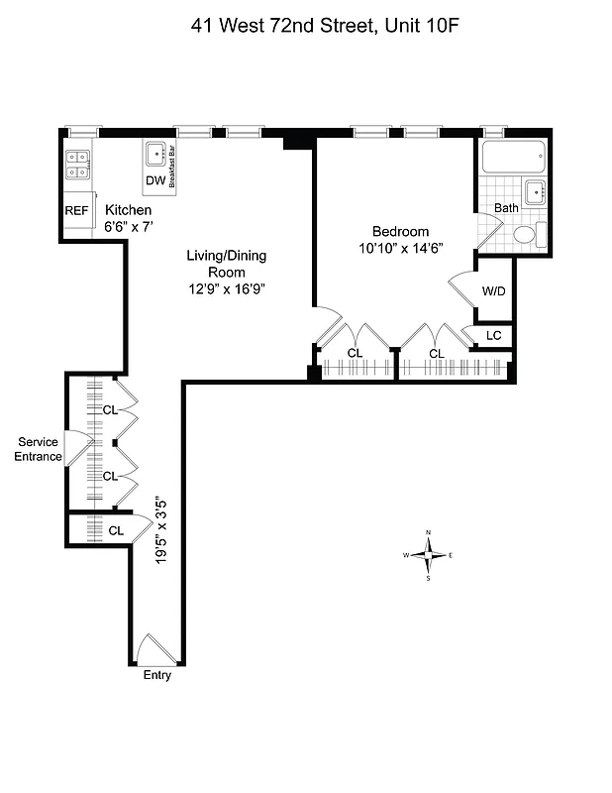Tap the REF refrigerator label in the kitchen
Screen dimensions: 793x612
point(76,211)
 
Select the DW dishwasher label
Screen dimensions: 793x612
point(155,180)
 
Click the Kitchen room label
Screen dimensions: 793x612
point(129,211)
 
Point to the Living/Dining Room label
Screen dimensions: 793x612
point(226,264)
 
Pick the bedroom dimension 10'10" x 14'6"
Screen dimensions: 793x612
point(400,251)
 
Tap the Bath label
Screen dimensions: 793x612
point(506,209)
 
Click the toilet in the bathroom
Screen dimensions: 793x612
point(526,235)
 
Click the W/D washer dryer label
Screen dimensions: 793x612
point(494,291)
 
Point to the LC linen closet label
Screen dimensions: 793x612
point(494,336)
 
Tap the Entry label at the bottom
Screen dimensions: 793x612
point(157,676)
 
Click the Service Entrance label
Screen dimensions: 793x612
point(38,449)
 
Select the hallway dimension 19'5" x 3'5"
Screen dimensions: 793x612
point(160,530)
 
